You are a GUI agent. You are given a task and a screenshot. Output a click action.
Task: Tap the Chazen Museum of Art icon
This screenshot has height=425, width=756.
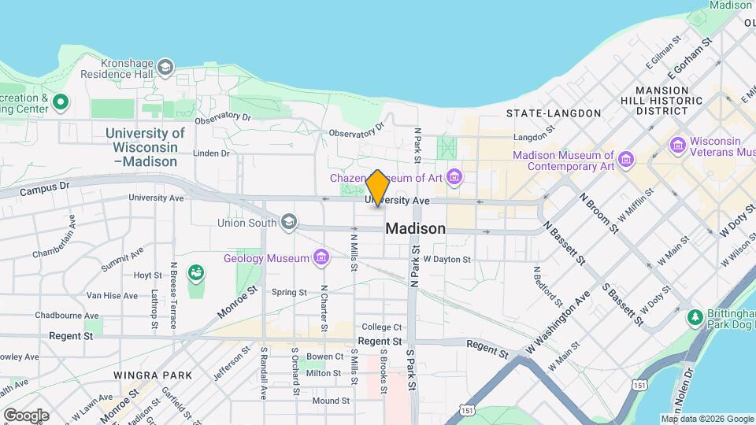point(454,178)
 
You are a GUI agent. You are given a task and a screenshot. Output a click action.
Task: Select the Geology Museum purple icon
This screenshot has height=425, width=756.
point(321,257)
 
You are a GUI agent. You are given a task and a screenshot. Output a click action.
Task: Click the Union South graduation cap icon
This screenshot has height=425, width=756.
point(289,223)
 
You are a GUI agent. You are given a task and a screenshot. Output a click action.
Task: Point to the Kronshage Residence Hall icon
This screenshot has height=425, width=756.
point(165,68)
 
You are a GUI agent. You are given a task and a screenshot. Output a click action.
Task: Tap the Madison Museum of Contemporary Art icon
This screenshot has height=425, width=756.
point(626,161)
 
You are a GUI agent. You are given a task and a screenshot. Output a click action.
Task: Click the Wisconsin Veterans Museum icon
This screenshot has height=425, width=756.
point(677,146)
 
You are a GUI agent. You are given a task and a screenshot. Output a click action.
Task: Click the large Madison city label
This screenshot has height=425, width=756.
point(415,229)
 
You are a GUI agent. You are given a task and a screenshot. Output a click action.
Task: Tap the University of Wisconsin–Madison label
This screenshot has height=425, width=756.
point(146,147)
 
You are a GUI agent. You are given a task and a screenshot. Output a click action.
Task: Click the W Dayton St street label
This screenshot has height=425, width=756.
point(447,258)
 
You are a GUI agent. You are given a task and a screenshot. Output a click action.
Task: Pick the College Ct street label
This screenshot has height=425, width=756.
point(382,327)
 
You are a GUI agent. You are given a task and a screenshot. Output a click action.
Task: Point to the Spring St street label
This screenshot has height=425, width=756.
point(289,292)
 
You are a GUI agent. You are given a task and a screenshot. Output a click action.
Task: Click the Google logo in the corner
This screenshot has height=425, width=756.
point(26,415)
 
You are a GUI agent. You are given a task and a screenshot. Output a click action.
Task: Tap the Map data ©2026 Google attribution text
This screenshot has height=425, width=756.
point(706,419)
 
